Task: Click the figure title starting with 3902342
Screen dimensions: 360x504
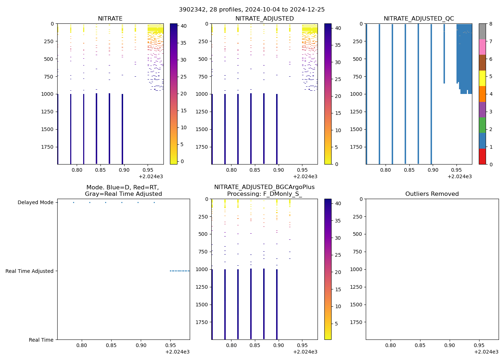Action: [252, 10]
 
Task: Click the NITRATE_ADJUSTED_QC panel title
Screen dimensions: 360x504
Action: [419, 19]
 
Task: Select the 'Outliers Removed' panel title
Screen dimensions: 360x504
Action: [432, 194]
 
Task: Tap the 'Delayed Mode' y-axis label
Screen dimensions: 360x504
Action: [35, 203]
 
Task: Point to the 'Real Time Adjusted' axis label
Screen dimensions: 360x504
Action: [30, 271]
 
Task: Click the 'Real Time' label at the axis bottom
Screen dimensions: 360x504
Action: [41, 340]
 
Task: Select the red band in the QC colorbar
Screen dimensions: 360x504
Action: [482, 157]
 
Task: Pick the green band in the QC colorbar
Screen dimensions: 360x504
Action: [482, 125]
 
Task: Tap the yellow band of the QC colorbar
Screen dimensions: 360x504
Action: [482, 78]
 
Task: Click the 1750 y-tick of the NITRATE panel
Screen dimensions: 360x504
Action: [48, 147]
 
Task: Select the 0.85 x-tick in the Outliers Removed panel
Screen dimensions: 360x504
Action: [420, 345]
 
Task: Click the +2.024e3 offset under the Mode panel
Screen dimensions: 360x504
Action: [177, 352]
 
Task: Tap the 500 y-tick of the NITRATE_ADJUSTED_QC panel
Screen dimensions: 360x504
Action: [358, 59]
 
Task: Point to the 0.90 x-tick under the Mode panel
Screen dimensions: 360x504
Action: [141, 345]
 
